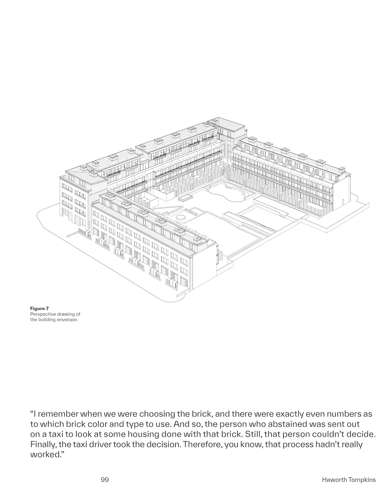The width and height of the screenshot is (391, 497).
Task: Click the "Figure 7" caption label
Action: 39,308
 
